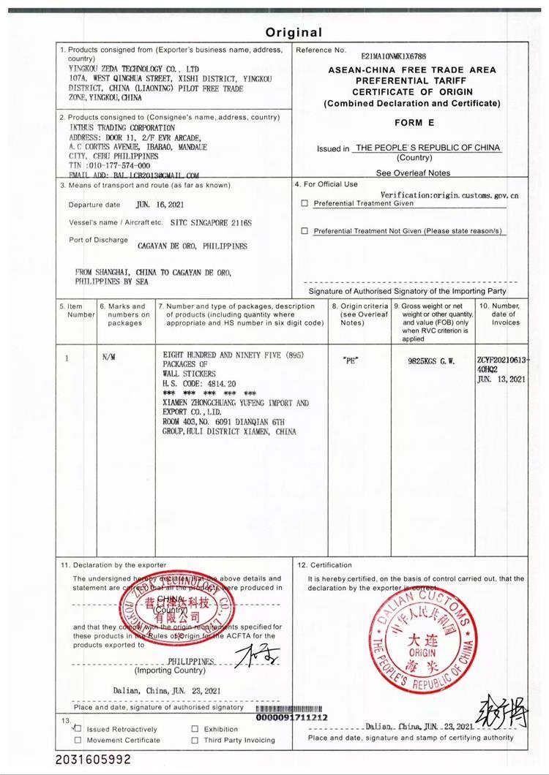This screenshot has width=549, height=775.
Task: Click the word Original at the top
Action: [x=293, y=32]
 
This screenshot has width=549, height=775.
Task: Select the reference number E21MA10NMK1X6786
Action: [x=393, y=56]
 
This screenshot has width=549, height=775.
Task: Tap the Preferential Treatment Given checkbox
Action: [x=305, y=204]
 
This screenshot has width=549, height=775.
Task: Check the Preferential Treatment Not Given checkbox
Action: [x=305, y=231]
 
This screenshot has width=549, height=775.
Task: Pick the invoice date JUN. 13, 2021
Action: [x=501, y=379]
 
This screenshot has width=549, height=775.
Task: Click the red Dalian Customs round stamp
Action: [x=422, y=637]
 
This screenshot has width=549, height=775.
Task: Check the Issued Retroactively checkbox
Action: [x=78, y=729]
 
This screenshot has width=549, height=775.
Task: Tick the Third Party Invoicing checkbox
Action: [x=195, y=740]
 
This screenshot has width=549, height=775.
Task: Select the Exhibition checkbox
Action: [x=195, y=729]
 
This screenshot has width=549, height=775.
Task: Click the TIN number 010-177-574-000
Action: [x=119, y=165]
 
